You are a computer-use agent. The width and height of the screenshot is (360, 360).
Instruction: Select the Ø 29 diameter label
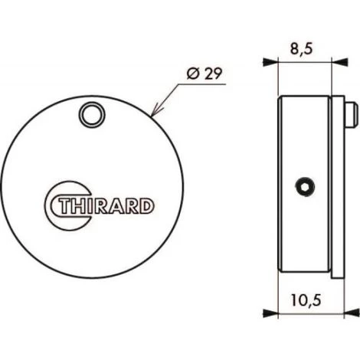(x=205, y=74)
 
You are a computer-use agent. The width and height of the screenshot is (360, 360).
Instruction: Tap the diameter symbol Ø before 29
(x=193, y=74)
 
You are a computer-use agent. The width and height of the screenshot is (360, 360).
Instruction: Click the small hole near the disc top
(x=92, y=115)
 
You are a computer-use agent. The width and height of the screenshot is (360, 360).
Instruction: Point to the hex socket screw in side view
(x=305, y=187)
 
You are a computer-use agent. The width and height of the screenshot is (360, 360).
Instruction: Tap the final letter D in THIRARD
(x=147, y=206)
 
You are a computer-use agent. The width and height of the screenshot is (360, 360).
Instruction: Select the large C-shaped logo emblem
(x=51, y=206)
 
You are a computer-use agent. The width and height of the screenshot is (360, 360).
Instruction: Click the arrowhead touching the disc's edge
(x=156, y=110)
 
